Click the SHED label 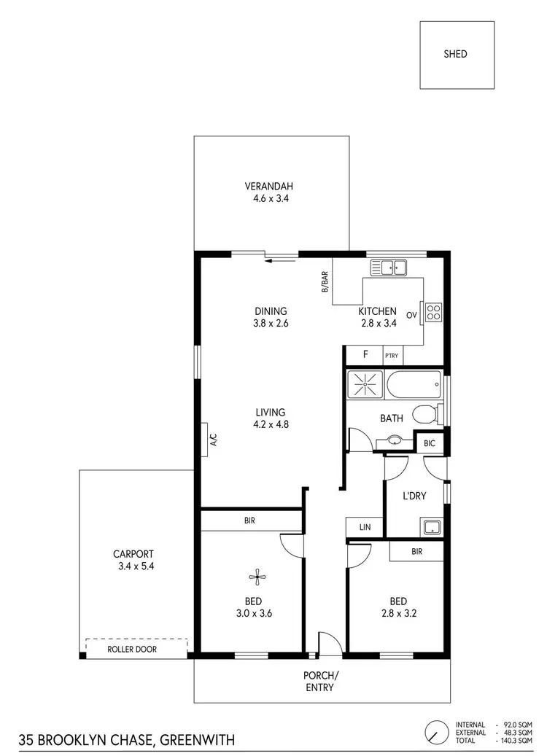click(x=455, y=54)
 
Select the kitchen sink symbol click(x=389, y=268)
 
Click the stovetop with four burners click(x=432, y=313)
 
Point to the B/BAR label click(x=325, y=282)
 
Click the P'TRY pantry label click(x=392, y=355)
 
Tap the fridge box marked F click(x=365, y=355)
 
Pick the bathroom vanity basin click(x=394, y=440)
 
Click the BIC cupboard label click(x=430, y=442)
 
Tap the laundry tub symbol click(x=431, y=527)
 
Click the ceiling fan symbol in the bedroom click(x=255, y=578)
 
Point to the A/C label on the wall click(x=212, y=439)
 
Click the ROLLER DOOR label click(x=132, y=648)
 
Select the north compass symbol click(x=437, y=731)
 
